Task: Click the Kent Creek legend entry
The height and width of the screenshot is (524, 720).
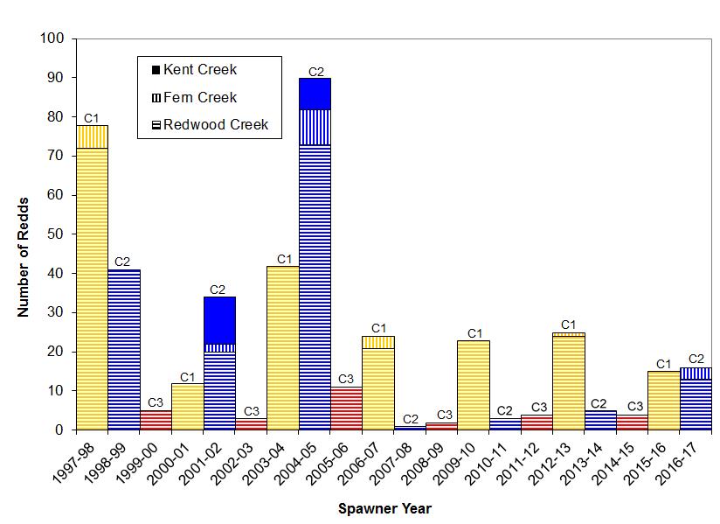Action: (199, 69)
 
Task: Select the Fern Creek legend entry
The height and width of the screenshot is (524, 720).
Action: (199, 97)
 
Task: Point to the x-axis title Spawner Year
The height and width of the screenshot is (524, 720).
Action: (385, 507)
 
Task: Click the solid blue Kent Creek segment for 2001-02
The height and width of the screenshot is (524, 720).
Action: (219, 320)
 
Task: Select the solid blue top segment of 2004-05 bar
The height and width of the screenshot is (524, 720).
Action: (315, 94)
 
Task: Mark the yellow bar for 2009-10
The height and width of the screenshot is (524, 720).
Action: (473, 385)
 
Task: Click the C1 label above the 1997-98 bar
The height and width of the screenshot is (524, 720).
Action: (92, 118)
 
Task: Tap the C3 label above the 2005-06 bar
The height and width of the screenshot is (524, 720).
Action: (346, 379)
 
